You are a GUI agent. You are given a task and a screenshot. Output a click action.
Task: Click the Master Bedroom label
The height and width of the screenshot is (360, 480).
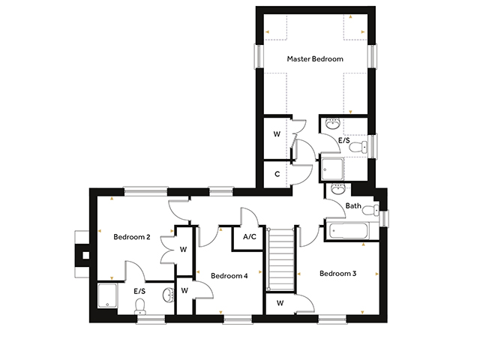coord(315,58)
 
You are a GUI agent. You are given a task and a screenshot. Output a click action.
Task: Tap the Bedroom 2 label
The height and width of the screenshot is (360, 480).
coord(132,237)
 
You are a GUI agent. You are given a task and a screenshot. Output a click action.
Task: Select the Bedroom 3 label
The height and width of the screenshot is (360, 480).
coord(338,273)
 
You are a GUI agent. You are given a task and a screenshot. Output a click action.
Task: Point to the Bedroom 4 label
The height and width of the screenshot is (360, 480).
coord(229,276)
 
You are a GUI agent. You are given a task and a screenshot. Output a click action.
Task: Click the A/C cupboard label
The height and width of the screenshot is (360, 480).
coord(250,237)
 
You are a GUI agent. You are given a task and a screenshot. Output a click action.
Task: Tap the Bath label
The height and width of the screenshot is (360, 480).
coord(353,205)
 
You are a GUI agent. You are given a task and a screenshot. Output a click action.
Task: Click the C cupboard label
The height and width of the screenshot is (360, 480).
coord(277,174)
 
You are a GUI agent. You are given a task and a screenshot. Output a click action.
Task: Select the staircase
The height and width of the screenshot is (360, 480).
coord(280,259)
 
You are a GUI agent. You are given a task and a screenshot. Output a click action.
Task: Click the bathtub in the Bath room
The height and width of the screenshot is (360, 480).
coord(349,231)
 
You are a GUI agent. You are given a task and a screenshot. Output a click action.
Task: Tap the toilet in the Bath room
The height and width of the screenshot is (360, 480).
coord(370,210)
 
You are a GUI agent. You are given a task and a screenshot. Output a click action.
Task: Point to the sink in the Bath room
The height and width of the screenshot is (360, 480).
coord(338,189)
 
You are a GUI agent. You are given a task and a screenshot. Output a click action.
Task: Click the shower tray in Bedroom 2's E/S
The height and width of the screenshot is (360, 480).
coord(107,295)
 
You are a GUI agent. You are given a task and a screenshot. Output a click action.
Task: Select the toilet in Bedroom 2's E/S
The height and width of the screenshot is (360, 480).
coord(140,306)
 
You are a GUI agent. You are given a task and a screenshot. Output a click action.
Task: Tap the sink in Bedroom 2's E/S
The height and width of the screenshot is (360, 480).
coord(169,295)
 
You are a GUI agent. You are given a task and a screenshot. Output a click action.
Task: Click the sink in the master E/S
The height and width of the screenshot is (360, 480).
coord(333,123)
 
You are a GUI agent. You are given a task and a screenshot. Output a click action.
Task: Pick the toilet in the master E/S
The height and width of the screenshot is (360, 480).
coord(358,147)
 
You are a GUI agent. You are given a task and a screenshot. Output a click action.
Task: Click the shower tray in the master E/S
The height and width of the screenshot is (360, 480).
coord(332,169)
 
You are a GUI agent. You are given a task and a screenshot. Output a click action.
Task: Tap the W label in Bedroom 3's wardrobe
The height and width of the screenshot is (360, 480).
coord(280,303)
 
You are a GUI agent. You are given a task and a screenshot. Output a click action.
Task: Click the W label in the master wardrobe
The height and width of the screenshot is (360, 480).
coord(277,134)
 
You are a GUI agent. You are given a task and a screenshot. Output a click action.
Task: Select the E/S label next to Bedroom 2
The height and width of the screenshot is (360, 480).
coord(139,291)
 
